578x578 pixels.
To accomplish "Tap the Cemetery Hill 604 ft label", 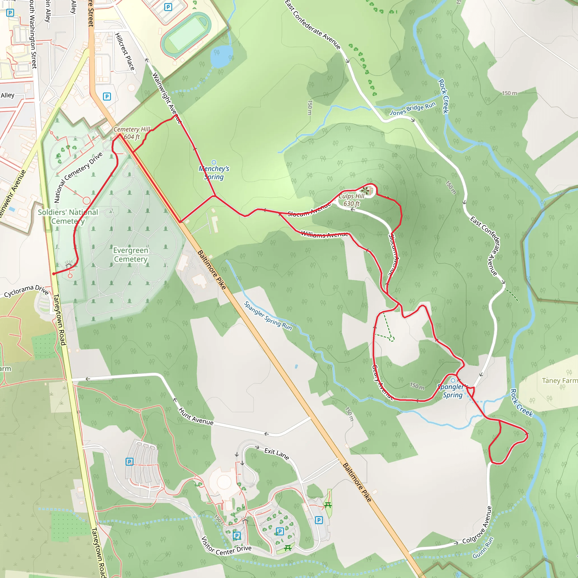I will pos(132,133).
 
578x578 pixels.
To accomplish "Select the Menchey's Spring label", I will pos(214,173).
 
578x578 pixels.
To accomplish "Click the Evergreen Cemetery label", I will pos(131,255).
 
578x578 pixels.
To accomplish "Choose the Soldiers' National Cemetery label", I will pos(68,216).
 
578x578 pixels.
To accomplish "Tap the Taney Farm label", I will pos(559,380).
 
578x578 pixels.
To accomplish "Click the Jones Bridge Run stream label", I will pos(413,109).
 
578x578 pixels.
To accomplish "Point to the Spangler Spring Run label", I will pos(268,316).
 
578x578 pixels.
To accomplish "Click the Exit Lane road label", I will pos(277,454).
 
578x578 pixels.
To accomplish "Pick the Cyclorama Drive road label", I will pos(26,290).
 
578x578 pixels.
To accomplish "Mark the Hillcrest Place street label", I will pos(125,52).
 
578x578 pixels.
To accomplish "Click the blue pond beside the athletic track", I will pos(221,56).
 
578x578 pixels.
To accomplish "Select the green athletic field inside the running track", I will pos(186,33).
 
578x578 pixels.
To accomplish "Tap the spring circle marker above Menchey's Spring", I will pos(214,163).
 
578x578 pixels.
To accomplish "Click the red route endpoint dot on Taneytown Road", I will pos(54,274).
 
